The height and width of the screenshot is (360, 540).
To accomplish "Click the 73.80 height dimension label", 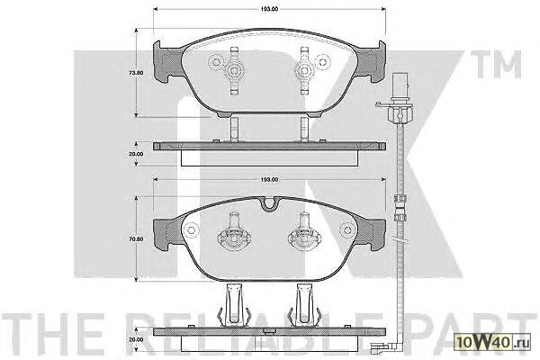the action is tap(136, 73).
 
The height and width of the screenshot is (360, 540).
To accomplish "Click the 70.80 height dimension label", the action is tap(136, 239).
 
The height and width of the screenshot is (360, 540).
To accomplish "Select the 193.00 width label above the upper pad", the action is tap(269, 9).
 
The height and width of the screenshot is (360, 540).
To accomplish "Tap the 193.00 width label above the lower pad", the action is tap(269, 180).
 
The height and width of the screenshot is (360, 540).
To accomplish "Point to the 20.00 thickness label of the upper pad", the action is tap(136, 154).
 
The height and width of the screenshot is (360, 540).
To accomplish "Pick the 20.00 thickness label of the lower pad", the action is tap(136, 339).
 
